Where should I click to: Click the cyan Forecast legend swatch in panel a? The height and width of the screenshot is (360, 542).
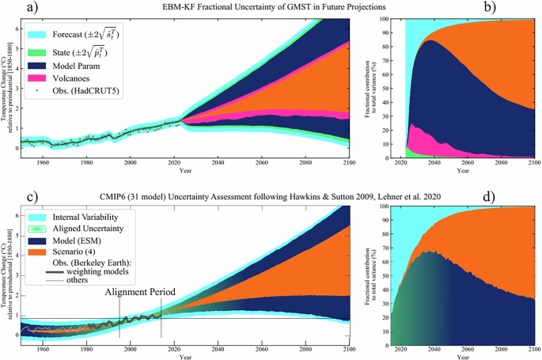pos(36,34)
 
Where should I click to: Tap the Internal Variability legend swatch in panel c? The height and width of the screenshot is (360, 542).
pos(36,214)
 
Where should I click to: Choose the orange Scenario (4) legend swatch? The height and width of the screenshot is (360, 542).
pos(36,252)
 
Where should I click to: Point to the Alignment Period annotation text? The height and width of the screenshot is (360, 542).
pos(139,291)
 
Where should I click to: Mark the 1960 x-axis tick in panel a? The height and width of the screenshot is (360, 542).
pos(53,162)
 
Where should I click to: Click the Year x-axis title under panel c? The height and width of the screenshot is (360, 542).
pos(185,358)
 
